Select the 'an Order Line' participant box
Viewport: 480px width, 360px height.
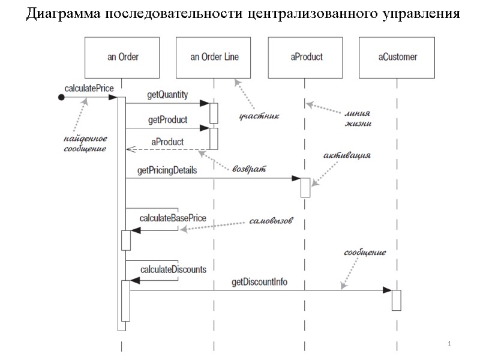click(x=214, y=58)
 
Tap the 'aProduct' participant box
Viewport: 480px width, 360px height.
click(x=306, y=58)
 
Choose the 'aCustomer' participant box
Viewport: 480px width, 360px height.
click(x=397, y=58)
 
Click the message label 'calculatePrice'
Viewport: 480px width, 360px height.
click(x=89, y=88)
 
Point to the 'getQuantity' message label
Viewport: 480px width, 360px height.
click(x=167, y=95)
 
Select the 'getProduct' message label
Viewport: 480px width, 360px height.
click(x=167, y=120)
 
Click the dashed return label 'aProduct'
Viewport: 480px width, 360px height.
click(x=167, y=142)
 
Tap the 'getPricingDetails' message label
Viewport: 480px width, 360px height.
click(x=167, y=170)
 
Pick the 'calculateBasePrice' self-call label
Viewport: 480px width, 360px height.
click(x=173, y=217)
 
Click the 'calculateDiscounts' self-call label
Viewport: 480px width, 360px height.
click(x=173, y=269)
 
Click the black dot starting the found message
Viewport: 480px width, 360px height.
click(x=61, y=97)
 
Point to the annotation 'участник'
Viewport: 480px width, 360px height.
click(x=260, y=114)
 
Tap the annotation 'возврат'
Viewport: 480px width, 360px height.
click(x=248, y=169)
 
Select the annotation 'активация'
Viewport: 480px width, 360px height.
click(x=347, y=155)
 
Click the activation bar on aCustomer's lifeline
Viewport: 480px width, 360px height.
click(x=396, y=300)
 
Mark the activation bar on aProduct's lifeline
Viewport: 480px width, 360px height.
click(x=305, y=187)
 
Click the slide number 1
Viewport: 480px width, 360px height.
click(x=449, y=344)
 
